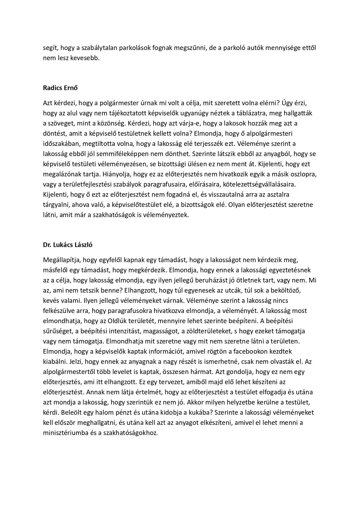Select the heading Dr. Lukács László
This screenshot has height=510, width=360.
[x=68, y=245]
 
